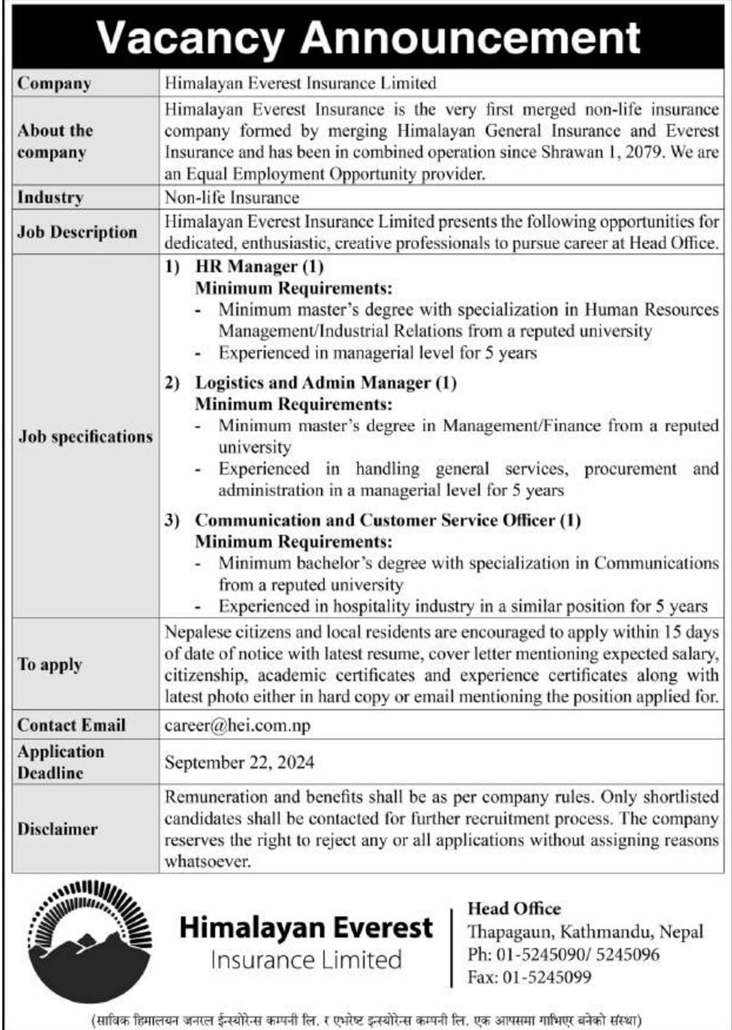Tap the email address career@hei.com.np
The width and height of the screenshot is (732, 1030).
(x=237, y=726)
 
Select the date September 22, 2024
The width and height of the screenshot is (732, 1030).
(x=239, y=762)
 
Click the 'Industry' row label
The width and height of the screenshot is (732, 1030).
(x=50, y=198)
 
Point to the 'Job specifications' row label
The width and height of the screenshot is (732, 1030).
(x=85, y=437)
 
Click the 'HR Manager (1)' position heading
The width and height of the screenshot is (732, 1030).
(x=259, y=266)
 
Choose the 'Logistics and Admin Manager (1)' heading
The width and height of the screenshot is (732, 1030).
(x=326, y=383)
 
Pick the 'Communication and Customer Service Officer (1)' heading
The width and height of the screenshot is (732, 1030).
(x=388, y=520)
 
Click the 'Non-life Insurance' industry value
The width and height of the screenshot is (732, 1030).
(x=232, y=198)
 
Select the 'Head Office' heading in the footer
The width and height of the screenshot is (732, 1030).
(x=514, y=909)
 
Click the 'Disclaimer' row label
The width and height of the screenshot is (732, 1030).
(x=57, y=829)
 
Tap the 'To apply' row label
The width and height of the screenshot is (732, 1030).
(x=49, y=665)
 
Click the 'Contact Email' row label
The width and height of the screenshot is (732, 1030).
(x=71, y=726)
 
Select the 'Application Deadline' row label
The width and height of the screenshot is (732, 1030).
(x=60, y=762)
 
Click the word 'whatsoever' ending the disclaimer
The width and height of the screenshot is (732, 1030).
(x=207, y=862)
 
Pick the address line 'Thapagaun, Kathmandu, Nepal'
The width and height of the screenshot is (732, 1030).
(x=585, y=932)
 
